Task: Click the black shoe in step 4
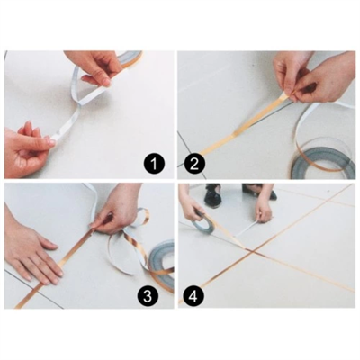point(212,195)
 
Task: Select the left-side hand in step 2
point(291,71)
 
